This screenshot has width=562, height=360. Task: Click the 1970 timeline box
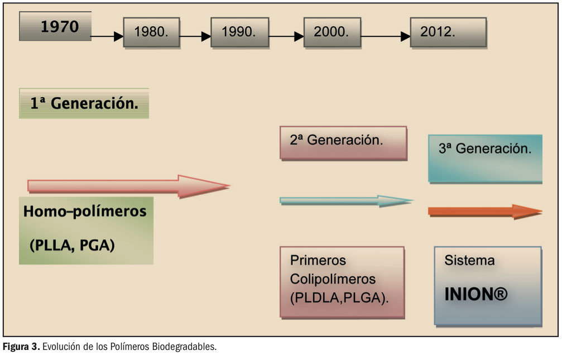55,27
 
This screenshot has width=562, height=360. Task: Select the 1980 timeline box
151,32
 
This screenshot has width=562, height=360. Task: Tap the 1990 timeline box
239,32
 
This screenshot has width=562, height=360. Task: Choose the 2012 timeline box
448,32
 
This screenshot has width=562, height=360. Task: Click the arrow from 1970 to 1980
107,37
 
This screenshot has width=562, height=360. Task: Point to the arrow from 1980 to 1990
195,37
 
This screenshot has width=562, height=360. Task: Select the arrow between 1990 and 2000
286,37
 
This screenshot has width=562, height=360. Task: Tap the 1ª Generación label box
84,103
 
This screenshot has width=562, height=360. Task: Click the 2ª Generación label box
343,143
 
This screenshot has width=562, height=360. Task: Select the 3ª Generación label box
485,158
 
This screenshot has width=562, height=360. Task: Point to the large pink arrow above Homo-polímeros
128,185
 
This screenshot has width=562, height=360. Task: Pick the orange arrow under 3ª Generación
484,211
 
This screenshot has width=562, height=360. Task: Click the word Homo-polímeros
85,212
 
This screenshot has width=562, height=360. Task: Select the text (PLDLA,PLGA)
339,298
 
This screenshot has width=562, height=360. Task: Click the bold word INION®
475,294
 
